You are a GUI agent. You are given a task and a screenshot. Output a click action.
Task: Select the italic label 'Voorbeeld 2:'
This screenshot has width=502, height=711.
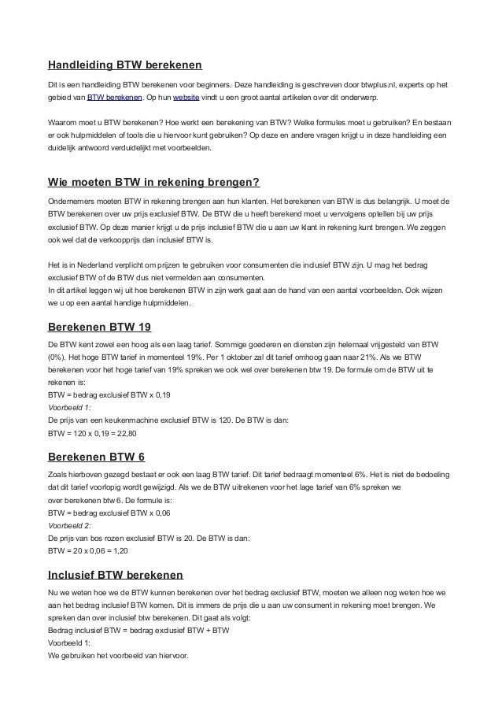pos(70,524)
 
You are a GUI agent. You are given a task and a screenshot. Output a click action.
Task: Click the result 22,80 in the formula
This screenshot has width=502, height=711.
pos(126,433)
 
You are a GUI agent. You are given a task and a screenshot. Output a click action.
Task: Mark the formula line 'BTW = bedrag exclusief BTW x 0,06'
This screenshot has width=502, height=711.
pos(109,511)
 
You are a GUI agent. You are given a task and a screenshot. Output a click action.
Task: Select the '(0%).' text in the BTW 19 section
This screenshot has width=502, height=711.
pos(60,357)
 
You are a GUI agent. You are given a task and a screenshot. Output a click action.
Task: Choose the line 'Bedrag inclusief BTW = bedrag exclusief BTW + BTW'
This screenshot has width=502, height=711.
pos(138,630)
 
